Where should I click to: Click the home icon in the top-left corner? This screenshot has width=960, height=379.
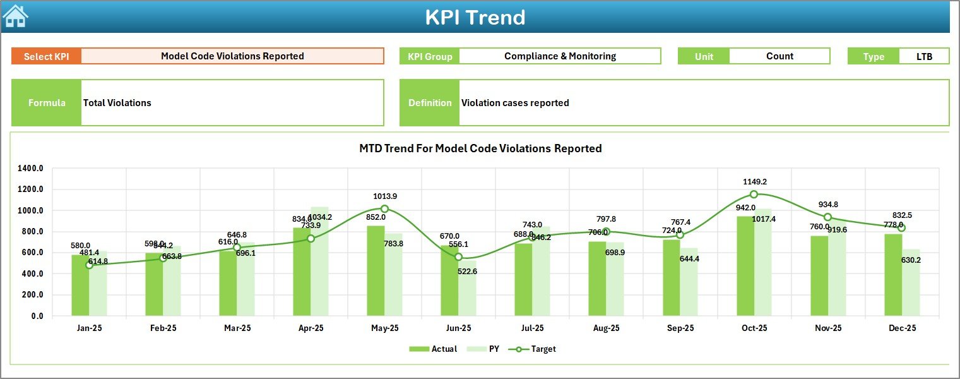point(15,16)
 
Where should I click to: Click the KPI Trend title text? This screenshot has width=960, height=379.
point(475,17)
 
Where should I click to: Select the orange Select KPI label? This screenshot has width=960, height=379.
point(46,56)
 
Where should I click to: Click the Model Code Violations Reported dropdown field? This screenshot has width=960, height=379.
point(232,56)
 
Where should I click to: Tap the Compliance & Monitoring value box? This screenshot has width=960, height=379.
point(560,56)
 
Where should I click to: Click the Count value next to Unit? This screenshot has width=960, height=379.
point(779,56)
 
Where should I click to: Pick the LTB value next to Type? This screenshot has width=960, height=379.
point(924,56)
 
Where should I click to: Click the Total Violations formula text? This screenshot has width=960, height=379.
point(117,103)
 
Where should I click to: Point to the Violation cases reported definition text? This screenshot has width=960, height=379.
point(515,103)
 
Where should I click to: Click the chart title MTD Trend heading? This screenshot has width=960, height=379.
point(480,148)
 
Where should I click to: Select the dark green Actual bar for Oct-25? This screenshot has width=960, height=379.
point(745,265)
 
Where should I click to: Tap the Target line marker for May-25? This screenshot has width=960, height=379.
point(384,208)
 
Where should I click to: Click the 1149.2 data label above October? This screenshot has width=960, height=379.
point(754,181)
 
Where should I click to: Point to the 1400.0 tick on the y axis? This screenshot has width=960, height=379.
point(30,169)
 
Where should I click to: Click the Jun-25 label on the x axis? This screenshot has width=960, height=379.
point(458,328)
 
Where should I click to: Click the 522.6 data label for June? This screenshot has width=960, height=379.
point(467,272)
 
